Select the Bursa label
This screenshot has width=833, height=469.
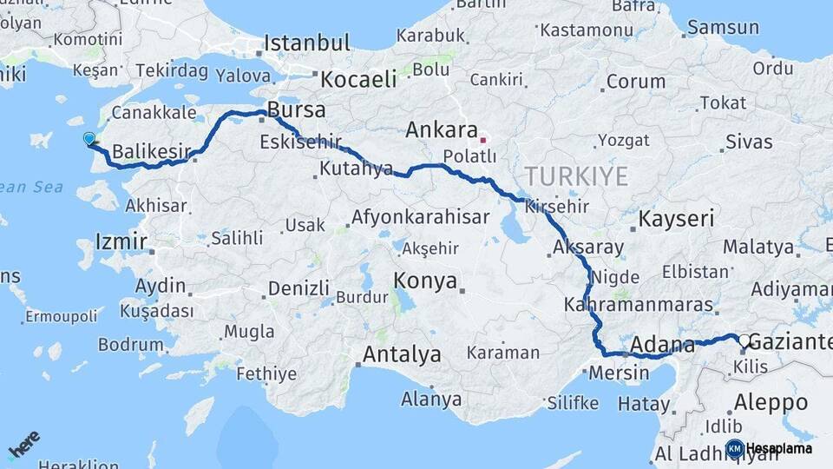coord(297,110)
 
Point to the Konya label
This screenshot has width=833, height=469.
coord(425,281)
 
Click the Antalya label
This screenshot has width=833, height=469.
coord(402,354)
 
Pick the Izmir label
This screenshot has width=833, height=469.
coord(121,241)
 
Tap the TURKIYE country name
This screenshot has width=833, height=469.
coord(576,177)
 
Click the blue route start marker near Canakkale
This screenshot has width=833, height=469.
coord(89,139)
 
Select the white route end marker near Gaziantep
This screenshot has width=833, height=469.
coord(744,340)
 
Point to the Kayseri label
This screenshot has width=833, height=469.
coord(676,219)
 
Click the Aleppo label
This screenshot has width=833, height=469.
coord(771,403)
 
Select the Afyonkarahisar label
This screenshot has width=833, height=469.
coord(420,217)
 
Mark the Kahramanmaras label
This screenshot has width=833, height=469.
coord(638,305)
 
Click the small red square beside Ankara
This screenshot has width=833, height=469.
coord(483,138)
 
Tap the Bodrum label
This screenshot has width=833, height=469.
coord(131,344)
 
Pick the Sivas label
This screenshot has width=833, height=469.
coord(748,142)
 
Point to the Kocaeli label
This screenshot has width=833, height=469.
coord(358,79)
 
